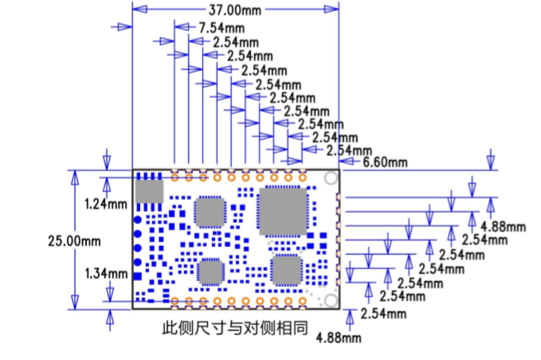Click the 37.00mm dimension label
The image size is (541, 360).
click(235, 10)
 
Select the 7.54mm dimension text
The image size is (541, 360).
click(221, 28)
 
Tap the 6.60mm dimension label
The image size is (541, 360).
click(385, 162)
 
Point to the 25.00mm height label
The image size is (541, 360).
click(74, 241)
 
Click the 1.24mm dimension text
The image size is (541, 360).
click(106, 204)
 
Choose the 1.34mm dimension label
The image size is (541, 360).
click(106, 274)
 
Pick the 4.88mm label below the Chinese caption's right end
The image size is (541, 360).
click(339, 338)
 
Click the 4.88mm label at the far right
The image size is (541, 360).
click(504, 227)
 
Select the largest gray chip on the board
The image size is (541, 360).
click(283, 212)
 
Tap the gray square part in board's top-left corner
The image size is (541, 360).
click(149, 191)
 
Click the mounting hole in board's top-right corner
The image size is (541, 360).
click(331, 178)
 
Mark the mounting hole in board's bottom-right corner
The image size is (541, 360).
click(331, 300)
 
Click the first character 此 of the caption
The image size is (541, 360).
click(170, 328)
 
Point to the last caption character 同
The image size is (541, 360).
click(300, 328)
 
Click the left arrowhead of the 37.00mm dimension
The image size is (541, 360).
click(139, 10)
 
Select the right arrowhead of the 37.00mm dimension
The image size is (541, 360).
click(331, 10)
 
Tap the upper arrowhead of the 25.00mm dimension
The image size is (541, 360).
click(75, 178)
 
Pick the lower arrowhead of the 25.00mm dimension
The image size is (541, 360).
click(75, 303)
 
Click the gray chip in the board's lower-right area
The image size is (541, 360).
click(287, 271)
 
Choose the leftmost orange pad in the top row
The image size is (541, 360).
click(174, 178)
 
